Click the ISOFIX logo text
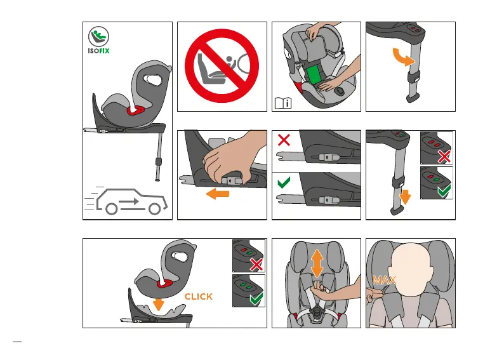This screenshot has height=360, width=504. click(x=98, y=51)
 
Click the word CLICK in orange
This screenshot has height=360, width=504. click(x=198, y=297)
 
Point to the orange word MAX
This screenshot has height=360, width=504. click(x=384, y=280)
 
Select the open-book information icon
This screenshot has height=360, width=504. click(x=283, y=103)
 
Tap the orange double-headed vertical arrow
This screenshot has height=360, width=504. click(x=317, y=263)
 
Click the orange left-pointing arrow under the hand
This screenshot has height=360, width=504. click(x=218, y=194)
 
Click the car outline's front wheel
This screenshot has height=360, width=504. click(x=155, y=209)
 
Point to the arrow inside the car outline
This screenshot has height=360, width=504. click(x=129, y=202)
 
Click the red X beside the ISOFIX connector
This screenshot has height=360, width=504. click(x=284, y=140)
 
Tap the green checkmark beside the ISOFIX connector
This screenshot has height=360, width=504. click(x=284, y=182)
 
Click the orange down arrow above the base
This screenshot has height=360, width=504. click(x=158, y=303)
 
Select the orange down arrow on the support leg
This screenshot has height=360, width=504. click(x=405, y=197)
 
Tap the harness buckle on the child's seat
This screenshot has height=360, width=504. click(x=316, y=312)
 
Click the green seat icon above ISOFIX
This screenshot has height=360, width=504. click(x=98, y=37)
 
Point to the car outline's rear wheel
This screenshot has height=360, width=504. click(x=111, y=209)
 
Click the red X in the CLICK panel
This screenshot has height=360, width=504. click(x=256, y=265)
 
